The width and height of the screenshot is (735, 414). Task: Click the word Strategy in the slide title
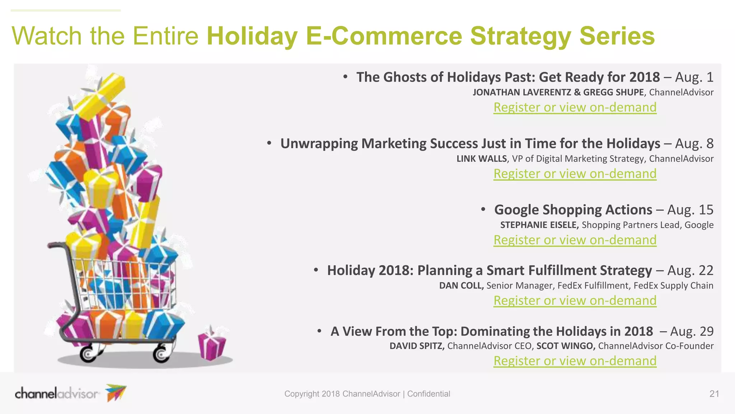(x=520, y=37)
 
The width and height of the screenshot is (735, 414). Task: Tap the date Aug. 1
(x=694, y=77)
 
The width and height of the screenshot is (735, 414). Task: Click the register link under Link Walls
(x=575, y=174)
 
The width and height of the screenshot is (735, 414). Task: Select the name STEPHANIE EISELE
(x=539, y=225)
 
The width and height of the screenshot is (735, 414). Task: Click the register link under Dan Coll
(x=575, y=300)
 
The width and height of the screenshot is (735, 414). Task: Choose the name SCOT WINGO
(x=566, y=346)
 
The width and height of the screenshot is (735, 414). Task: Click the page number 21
(x=714, y=394)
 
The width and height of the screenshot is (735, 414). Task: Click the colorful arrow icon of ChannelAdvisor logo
(x=116, y=392)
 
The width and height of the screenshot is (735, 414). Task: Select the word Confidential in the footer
(x=429, y=394)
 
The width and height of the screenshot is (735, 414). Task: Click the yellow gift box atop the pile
(x=102, y=92)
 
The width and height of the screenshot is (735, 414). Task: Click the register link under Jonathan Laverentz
(x=575, y=107)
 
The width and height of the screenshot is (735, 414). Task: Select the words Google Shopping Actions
(x=573, y=210)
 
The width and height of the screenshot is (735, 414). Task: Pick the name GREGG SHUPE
(x=613, y=92)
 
